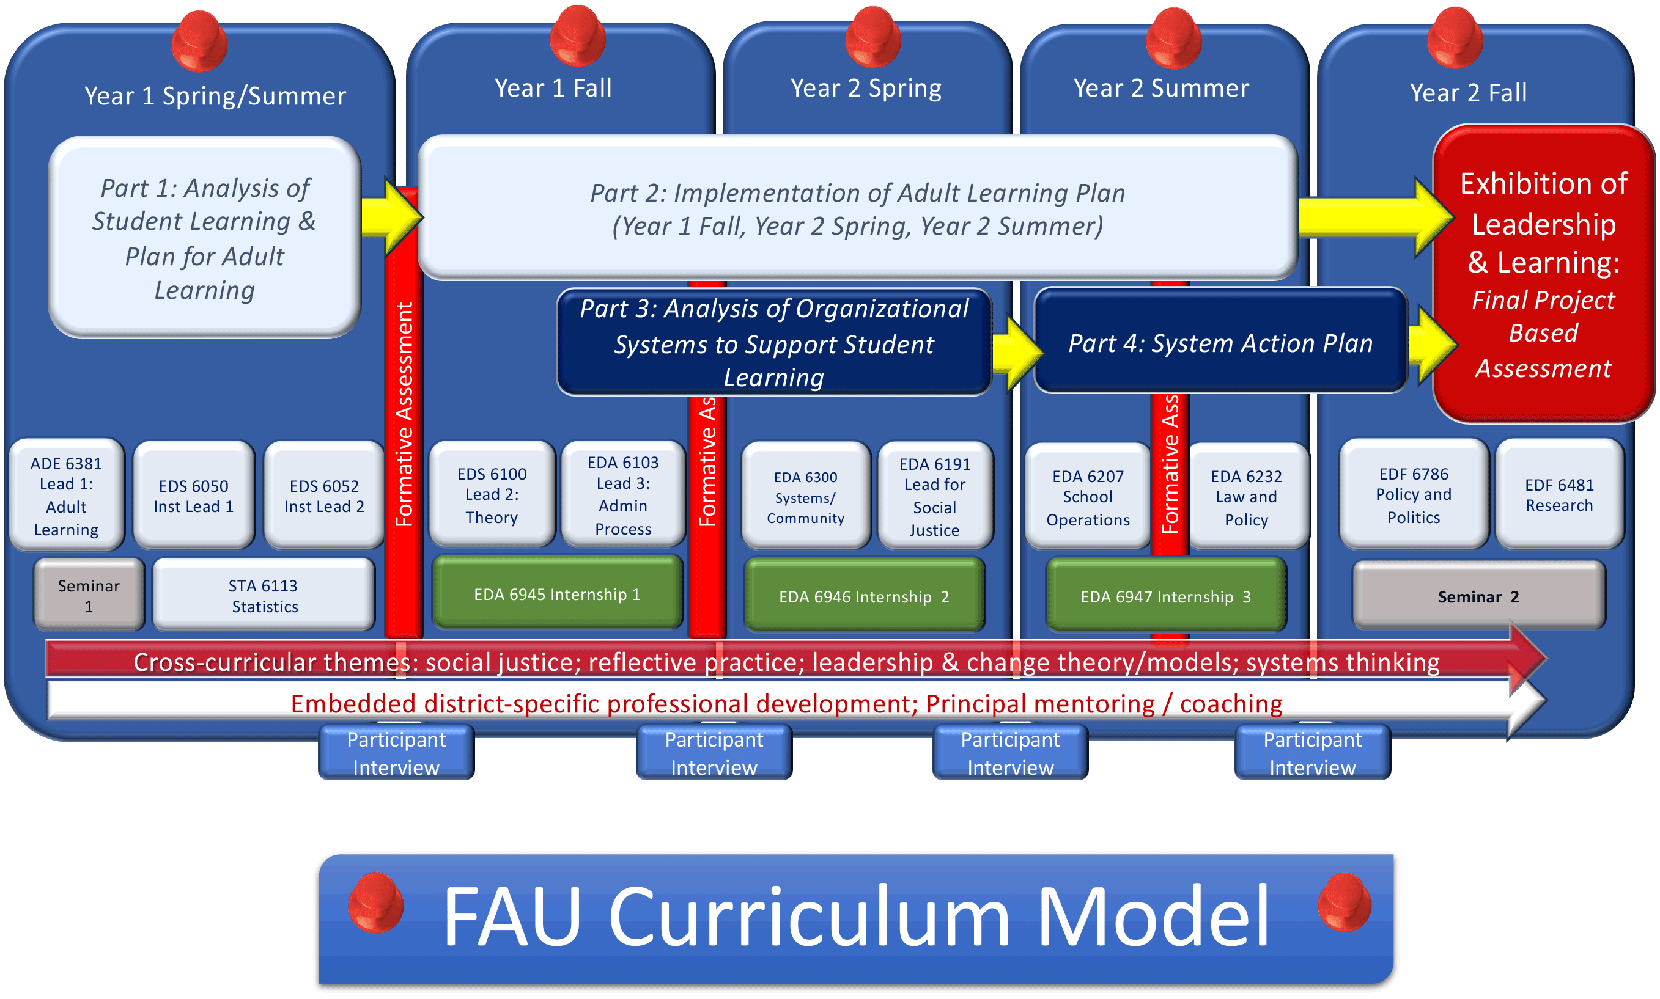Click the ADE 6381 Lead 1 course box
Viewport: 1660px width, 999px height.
tap(66, 496)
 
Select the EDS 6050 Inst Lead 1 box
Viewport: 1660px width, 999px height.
tap(193, 496)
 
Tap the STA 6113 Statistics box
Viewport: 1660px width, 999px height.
tap(264, 595)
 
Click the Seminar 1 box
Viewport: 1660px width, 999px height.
tap(89, 595)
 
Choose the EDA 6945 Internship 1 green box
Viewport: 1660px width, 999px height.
tap(557, 594)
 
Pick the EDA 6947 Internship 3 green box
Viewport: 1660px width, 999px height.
tap(1165, 596)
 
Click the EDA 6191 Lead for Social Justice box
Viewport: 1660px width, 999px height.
tap(934, 496)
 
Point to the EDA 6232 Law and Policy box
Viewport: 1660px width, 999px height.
tap(1246, 497)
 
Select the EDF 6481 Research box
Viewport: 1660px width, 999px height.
tap(1559, 495)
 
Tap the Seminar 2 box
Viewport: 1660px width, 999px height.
tap(1478, 596)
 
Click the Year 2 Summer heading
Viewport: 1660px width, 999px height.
tap(1161, 88)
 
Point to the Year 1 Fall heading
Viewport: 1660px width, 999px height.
tap(553, 88)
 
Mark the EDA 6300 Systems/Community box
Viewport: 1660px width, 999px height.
tap(805, 497)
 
